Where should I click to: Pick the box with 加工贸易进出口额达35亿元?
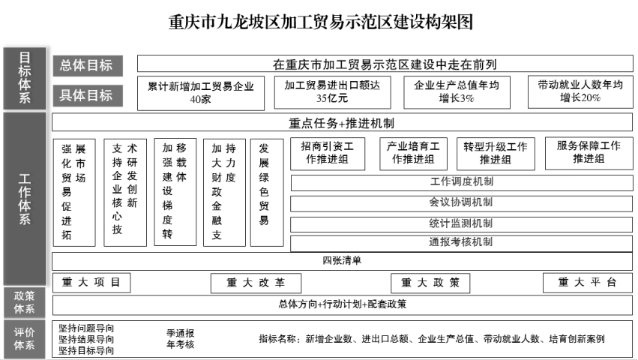tap(332, 91)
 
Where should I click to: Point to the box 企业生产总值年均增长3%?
tap(457, 91)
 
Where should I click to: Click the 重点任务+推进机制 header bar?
tap(342, 123)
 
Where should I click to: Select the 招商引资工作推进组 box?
tap(328, 153)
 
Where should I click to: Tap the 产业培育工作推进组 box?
tap(414, 153)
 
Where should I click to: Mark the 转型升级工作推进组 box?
tap(495, 153)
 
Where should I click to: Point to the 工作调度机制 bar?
tap(461, 181)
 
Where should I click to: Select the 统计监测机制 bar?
tap(461, 223)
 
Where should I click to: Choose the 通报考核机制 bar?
tap(461, 243)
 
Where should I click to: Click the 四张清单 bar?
tap(342, 261)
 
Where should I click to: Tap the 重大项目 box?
tap(91, 283)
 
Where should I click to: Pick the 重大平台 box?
tap(587, 283)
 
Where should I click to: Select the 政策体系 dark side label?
tap(25, 302)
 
